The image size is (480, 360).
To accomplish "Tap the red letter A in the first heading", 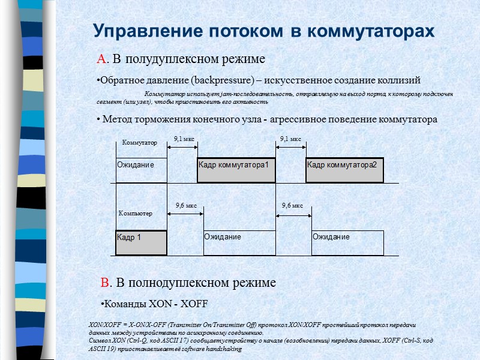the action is tap(101, 59).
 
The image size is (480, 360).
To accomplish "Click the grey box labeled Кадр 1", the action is tap(141, 242).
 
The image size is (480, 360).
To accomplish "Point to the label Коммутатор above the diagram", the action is tap(139, 143).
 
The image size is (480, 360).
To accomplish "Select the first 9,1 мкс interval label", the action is tap(184, 139).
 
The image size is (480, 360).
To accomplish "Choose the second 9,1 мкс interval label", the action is tap(291, 139).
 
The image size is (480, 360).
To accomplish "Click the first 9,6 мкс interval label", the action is tap(186, 206).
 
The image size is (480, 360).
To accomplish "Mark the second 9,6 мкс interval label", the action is tap(292, 206).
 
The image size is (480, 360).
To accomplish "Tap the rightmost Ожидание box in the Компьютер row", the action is tap(347, 242).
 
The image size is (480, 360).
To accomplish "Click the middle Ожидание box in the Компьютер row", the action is tap(239, 242).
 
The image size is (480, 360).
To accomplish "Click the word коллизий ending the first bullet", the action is tap(399, 80).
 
